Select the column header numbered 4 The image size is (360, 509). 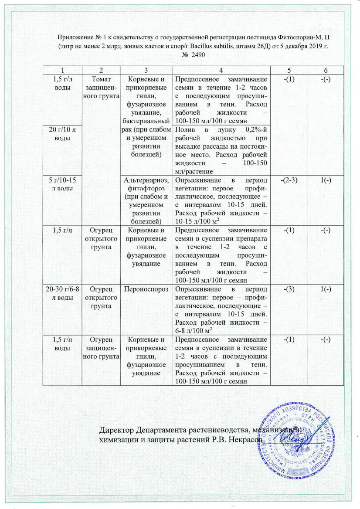pyautogui.click(x=221, y=70)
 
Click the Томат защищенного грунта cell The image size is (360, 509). pyautogui.click(x=101, y=86)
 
